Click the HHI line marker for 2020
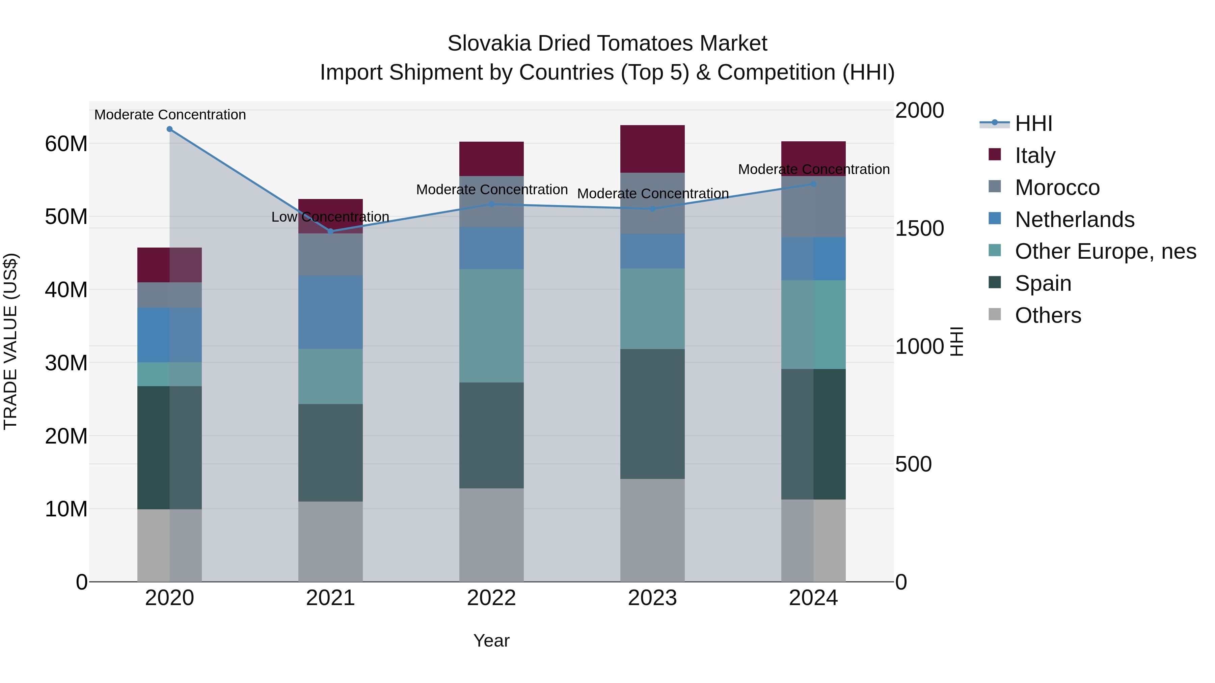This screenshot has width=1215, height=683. coord(170,129)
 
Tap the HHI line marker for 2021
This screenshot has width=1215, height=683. coord(331,231)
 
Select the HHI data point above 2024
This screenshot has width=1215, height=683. coord(813,184)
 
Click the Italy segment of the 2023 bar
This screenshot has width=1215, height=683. coord(652,149)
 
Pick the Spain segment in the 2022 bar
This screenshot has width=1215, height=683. coord(491,435)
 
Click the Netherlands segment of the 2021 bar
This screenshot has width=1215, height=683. coord(331,312)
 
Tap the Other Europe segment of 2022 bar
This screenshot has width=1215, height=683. coord(491,326)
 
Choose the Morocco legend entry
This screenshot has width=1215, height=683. coord(1057,188)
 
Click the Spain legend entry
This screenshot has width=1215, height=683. coord(1043,283)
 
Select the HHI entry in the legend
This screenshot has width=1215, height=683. coord(1033,123)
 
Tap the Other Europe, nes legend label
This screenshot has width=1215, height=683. coord(1105,251)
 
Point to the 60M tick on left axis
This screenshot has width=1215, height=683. coord(66,144)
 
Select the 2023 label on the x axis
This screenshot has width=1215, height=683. coord(652,598)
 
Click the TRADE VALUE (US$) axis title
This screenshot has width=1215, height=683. coord(10,341)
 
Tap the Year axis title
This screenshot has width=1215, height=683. coord(491,641)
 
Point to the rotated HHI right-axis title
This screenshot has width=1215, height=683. coord(956,341)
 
